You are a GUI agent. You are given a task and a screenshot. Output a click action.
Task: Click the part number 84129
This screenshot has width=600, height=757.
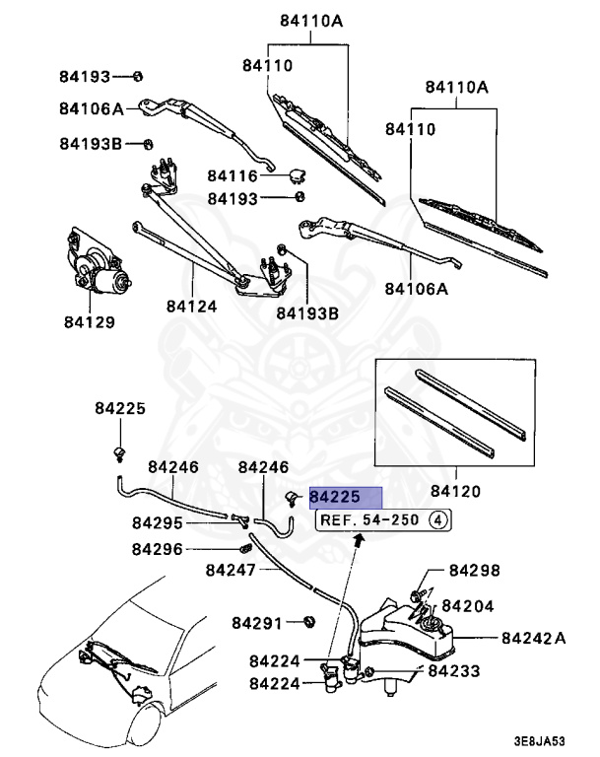(91, 321)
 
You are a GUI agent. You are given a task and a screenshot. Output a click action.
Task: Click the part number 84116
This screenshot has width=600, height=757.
(232, 176)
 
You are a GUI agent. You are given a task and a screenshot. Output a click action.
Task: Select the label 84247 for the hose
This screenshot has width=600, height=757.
(231, 570)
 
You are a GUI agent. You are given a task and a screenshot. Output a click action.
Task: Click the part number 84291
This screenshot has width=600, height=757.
(257, 623)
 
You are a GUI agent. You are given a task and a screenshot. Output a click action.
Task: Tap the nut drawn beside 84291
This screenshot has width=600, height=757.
(307, 622)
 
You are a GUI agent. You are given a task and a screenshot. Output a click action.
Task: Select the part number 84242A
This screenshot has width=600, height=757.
(534, 639)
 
